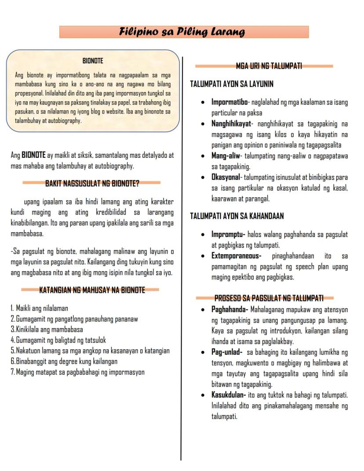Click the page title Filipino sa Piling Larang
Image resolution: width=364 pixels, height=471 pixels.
tap(182, 32)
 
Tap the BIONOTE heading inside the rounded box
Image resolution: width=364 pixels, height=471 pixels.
tap(93, 61)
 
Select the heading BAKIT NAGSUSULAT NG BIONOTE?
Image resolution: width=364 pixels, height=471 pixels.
tap(92, 183)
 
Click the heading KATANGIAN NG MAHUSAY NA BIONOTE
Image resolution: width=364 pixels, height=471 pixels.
tap(92, 290)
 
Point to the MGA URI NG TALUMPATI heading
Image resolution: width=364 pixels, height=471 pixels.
tap(269, 66)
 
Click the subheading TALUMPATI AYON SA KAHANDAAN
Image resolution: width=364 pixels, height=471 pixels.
tap(237, 216)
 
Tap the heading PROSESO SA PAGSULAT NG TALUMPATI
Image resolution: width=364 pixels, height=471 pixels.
tap(269, 298)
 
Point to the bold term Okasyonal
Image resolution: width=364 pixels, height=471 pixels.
tap(226, 177)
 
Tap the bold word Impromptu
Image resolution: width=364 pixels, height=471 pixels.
tap(228, 234)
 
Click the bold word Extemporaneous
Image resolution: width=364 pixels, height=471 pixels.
tap(236, 256)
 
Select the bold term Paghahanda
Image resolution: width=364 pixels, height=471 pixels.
tap(229, 309)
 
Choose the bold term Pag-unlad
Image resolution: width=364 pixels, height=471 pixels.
tap(226, 352)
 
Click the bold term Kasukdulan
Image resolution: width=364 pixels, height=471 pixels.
tap(228, 395)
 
